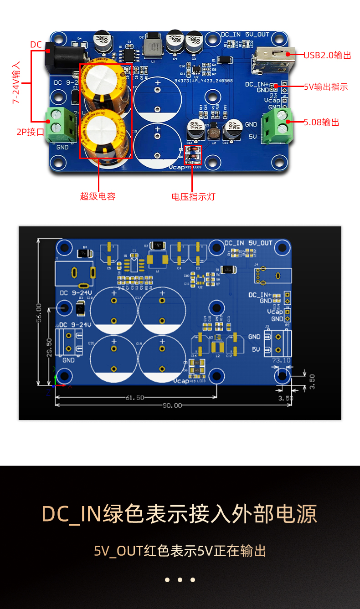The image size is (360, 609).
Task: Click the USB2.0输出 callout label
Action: pyautogui.click(x=327, y=55)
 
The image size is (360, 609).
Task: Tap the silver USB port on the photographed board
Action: pyautogui.click(x=272, y=59)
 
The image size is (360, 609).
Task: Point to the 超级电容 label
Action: pyautogui.click(x=98, y=196)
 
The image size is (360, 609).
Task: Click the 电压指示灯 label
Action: pyautogui.click(x=193, y=197)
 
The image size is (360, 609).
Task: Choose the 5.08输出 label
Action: pyautogui.click(x=321, y=122)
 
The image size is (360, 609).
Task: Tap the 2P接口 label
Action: pyautogui.click(x=31, y=132)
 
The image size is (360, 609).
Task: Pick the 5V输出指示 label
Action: pyautogui.click(x=326, y=87)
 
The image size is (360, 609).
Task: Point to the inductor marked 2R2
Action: pyautogui.click(x=214, y=133)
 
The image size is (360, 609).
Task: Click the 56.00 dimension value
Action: pyautogui.click(x=39, y=314)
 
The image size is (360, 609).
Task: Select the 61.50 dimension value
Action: pyautogui.click(x=134, y=397)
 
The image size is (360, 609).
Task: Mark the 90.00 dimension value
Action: pyautogui.click(x=172, y=405)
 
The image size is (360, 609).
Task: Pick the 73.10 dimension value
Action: pyautogui.click(x=281, y=360)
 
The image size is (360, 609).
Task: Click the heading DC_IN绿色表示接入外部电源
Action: pyautogui.click(x=180, y=514)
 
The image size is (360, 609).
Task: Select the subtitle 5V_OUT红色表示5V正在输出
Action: pyautogui.click(x=180, y=551)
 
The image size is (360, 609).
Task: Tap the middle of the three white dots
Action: pyautogui.click(x=180, y=580)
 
